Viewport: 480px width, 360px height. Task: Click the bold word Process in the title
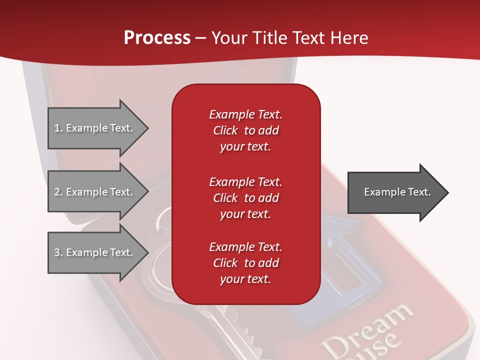tap(157, 38)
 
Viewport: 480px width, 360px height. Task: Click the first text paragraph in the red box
tap(245, 130)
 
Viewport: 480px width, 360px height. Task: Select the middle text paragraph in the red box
tap(245, 198)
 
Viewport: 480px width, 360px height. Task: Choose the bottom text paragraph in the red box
tap(245, 263)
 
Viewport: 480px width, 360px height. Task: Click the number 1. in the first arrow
tap(58, 128)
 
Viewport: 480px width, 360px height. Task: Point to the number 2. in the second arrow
tap(58, 192)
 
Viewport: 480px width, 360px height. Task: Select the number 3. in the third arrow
tap(58, 252)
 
